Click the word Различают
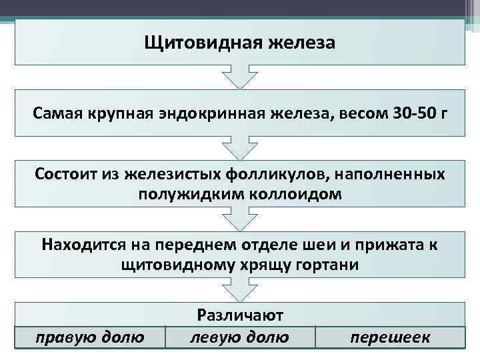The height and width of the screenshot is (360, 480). click(x=240, y=315)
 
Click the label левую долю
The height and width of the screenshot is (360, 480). click(x=239, y=337)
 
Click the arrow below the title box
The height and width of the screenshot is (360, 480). click(x=239, y=77)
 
